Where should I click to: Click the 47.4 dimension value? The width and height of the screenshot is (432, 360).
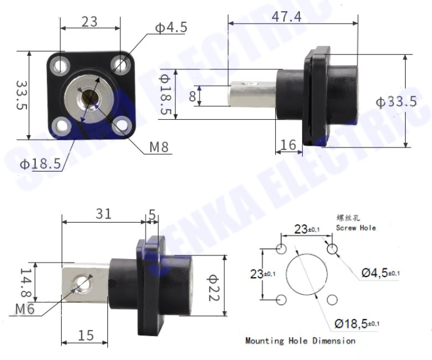click(286, 16)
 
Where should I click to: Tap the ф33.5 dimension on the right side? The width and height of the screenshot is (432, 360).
click(396, 102)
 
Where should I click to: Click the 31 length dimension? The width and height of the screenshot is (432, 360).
click(103, 214)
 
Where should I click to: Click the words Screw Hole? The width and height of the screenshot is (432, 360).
click(356, 227)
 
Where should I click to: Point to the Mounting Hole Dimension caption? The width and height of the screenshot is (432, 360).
click(300, 341)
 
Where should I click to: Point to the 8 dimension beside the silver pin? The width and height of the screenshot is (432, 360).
click(193, 96)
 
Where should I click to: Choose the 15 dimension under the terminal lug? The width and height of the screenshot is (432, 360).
click(85, 335)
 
